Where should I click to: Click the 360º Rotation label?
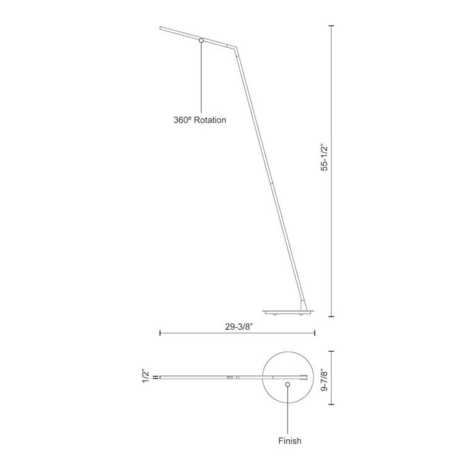pos(199,120)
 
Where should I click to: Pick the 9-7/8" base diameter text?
pos(324,381)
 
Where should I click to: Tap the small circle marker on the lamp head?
pos(201,41)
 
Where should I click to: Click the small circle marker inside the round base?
pos(288,384)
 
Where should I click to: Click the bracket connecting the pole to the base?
pos(305,305)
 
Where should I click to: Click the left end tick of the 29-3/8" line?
pos(160,333)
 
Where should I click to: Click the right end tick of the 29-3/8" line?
pos(315,333)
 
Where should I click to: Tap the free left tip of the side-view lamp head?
pos(160,28)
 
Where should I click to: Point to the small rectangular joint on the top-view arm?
pos(231,377)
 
